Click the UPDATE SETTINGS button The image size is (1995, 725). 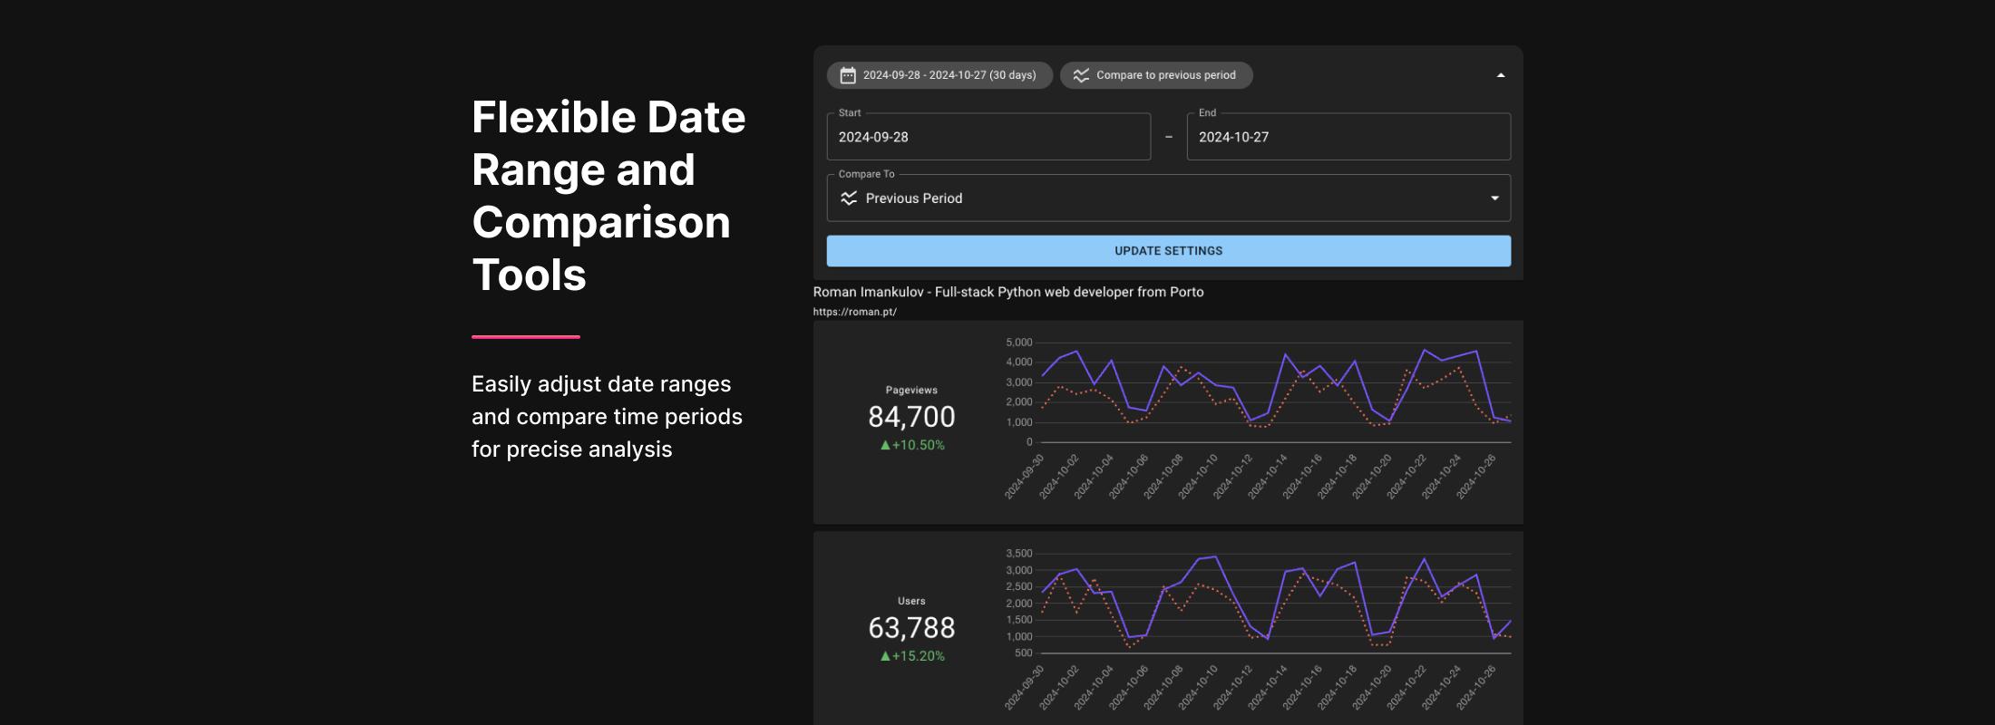tap(1168, 251)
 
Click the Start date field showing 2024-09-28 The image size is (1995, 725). tap(988, 137)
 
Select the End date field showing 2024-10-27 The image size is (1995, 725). tap(1348, 137)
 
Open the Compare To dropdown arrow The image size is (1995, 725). tap(1494, 198)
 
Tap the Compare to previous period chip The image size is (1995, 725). tap(1156, 75)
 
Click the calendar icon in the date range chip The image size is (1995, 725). tap(848, 75)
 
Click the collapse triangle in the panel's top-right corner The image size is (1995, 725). tap(1501, 75)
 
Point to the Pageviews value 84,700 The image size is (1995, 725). tap(911, 417)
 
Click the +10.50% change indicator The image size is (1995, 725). tap(912, 445)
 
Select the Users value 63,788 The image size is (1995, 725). tap(911, 628)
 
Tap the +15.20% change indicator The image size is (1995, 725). tap(912, 656)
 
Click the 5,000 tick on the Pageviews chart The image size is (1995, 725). tap(1018, 343)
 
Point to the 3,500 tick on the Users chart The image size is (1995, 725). tap(1018, 554)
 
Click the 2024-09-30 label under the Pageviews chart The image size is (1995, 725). tap(1026, 476)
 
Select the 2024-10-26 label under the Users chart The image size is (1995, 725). tap(1477, 687)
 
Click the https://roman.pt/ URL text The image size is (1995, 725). tap(854, 312)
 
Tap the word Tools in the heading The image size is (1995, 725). tap(529, 275)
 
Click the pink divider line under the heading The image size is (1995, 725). tap(525, 337)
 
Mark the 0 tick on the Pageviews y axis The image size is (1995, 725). tap(1028, 442)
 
